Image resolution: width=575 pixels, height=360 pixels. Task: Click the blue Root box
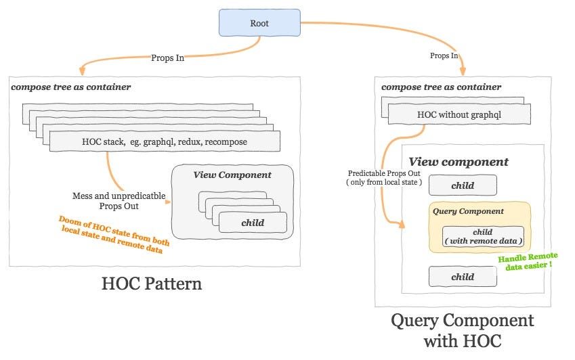[259, 24]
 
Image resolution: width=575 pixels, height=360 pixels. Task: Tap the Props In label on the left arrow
[167, 58]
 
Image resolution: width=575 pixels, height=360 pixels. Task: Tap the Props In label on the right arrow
[444, 55]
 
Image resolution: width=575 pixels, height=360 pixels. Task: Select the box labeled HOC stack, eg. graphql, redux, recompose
[165, 142]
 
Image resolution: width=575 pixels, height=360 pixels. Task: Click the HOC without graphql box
[459, 115]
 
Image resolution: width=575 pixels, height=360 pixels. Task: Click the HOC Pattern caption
[152, 284]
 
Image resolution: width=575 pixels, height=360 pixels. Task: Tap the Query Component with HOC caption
[463, 330]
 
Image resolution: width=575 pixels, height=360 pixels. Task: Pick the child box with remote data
[482, 237]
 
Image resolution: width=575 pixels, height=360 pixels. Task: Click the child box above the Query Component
[463, 185]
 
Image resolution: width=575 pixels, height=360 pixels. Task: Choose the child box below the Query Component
[463, 276]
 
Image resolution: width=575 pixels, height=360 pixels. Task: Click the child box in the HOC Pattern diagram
[253, 222]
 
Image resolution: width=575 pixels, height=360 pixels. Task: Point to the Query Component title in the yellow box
[468, 211]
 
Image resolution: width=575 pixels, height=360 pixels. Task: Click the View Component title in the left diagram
[232, 175]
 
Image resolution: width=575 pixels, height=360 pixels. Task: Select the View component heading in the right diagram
[458, 162]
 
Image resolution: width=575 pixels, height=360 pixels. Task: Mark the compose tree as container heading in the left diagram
[70, 87]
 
